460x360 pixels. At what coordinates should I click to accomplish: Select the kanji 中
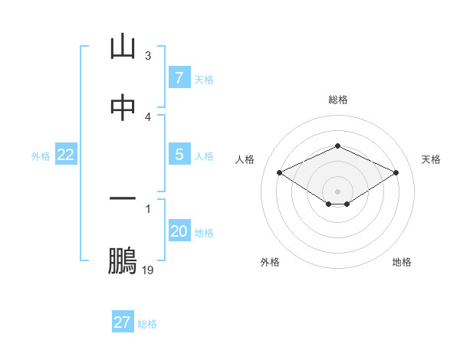point(123,108)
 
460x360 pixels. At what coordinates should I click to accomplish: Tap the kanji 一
point(123,198)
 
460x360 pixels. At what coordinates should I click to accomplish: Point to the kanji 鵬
point(123,260)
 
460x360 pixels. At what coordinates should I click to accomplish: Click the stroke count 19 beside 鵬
point(148,270)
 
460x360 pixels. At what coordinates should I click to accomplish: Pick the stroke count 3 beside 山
point(148,56)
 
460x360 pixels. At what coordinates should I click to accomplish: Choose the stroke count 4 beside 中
point(148,117)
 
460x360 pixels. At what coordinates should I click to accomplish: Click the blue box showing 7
point(179,78)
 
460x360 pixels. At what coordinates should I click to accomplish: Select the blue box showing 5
point(179,155)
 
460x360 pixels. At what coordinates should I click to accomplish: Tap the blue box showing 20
point(179,231)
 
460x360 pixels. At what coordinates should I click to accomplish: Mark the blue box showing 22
point(65,155)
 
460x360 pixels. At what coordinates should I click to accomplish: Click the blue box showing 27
point(122,322)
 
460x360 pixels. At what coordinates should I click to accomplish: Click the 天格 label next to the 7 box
point(204,79)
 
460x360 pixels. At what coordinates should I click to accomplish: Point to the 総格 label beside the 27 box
point(147,324)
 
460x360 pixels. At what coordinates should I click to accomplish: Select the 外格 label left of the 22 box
point(41,155)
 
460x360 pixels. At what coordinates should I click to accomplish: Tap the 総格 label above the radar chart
point(338,100)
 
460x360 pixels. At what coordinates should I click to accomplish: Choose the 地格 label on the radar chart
point(402,262)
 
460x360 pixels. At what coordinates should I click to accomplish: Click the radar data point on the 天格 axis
point(396,173)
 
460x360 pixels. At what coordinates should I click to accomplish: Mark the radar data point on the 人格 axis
point(280,173)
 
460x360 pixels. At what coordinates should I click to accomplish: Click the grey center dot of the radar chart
point(338,191)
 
